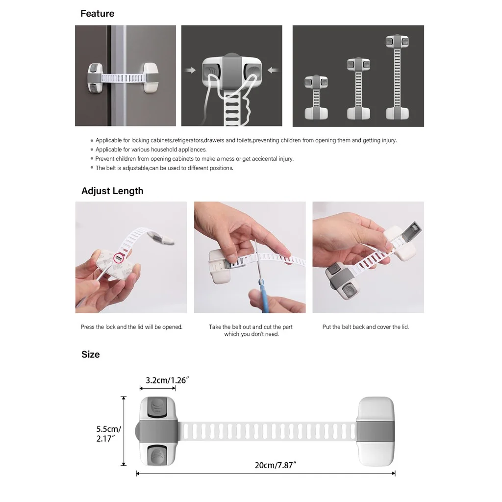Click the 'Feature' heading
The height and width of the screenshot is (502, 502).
(98, 13)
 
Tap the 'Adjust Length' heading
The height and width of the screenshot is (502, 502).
(112, 191)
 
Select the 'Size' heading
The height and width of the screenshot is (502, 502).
(91, 354)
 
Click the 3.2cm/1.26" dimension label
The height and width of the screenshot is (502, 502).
(167, 380)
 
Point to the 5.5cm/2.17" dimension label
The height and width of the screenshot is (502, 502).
(109, 434)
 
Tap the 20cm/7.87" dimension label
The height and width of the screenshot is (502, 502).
(276, 465)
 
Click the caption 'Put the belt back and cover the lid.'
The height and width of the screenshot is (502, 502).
(366, 327)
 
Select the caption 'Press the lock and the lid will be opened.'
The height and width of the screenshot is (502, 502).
(131, 327)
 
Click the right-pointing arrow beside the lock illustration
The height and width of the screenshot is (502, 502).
(190, 70)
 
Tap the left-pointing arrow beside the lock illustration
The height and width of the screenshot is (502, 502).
(273, 70)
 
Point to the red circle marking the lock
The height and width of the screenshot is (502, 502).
(119, 258)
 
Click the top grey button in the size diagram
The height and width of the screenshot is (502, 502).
(157, 407)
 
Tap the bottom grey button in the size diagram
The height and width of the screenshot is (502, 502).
(157, 454)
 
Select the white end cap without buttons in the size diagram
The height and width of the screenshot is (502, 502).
(375, 431)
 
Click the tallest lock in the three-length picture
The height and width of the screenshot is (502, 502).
(397, 77)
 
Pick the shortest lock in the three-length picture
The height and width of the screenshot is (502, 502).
(316, 98)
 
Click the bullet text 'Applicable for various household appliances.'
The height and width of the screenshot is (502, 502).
(151, 150)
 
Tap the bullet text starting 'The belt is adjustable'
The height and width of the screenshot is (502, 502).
(164, 168)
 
